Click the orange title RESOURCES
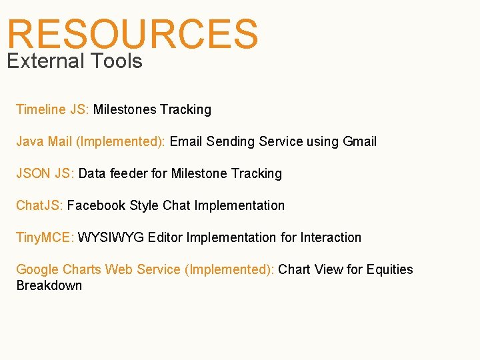point(133,33)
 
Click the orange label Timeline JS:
point(53,109)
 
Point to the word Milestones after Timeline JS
point(124,109)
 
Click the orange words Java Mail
point(44,141)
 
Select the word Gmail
point(359,141)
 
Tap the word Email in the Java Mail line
point(186,141)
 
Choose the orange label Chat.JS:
point(39,205)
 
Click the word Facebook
point(96,205)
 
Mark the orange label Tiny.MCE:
point(45,237)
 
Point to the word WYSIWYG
point(111,237)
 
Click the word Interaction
point(331,237)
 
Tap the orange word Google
point(37,269)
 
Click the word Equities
point(389,269)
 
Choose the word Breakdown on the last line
point(49,285)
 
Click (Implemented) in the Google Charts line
point(229,269)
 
